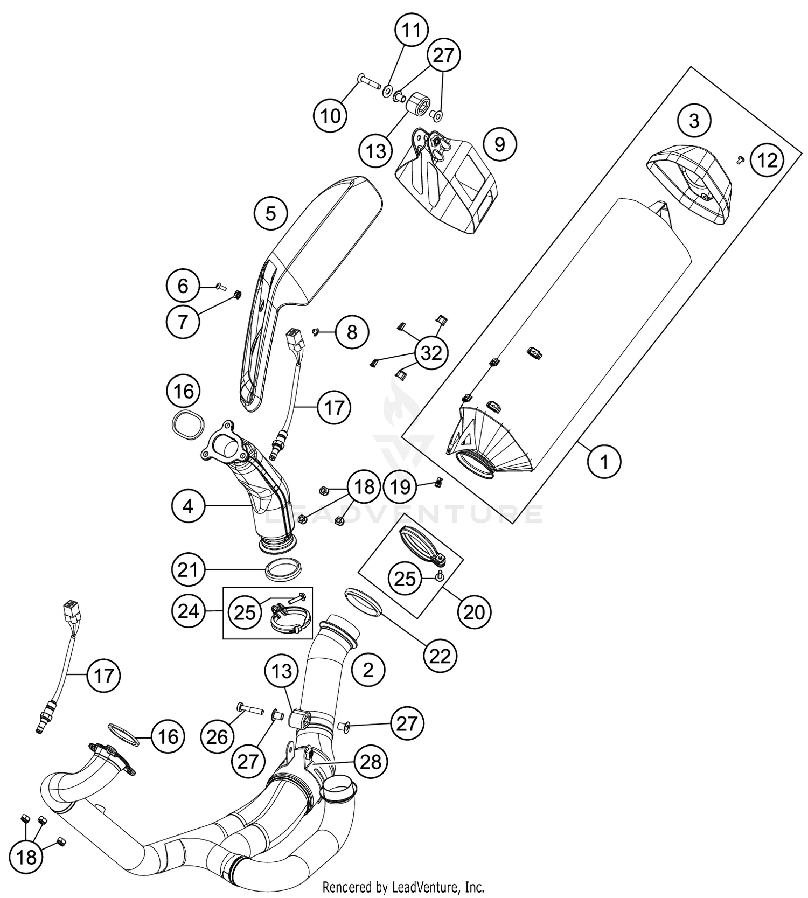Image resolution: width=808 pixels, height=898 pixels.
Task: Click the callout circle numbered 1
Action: tap(604, 462)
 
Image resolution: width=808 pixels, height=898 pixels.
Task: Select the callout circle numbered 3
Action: tap(694, 120)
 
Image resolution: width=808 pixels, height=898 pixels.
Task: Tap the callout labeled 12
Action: tap(767, 160)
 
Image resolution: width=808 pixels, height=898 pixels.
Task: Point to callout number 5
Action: tap(270, 214)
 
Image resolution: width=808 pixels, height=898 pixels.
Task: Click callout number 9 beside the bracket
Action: tap(499, 144)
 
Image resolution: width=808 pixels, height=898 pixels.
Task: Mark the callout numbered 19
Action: tap(400, 487)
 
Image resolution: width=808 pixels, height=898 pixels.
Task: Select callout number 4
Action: tap(189, 506)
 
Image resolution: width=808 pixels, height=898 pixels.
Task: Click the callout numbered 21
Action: tap(189, 569)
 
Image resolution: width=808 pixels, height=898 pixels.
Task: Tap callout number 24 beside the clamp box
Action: tap(189, 611)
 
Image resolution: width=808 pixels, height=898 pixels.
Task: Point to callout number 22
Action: tap(440, 656)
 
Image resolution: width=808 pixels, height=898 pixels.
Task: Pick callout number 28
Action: tap(371, 762)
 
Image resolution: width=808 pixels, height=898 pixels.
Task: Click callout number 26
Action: tap(217, 736)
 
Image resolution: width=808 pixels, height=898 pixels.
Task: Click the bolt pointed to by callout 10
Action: tap(368, 83)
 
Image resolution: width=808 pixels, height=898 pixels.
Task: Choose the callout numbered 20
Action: tap(474, 612)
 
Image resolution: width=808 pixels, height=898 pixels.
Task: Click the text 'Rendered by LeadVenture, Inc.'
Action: tap(403, 887)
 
